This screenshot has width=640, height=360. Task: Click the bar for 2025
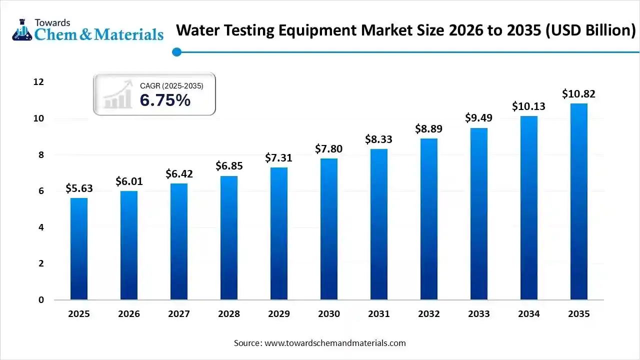(79, 249)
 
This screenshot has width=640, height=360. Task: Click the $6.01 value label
(129, 181)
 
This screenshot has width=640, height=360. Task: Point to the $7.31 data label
(279, 158)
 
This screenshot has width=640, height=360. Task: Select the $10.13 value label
(528, 106)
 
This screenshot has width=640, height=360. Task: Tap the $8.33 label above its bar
(379, 139)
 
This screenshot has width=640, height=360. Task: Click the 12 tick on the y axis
(38, 82)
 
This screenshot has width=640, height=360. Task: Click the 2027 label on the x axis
(179, 314)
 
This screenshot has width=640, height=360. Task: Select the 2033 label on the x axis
(479, 314)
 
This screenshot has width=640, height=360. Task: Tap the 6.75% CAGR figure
(165, 100)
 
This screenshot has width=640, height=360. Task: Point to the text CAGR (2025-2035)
(171, 86)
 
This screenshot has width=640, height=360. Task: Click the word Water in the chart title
(200, 30)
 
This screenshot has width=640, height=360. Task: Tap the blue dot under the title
(176, 52)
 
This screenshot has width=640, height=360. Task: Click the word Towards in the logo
(52, 22)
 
